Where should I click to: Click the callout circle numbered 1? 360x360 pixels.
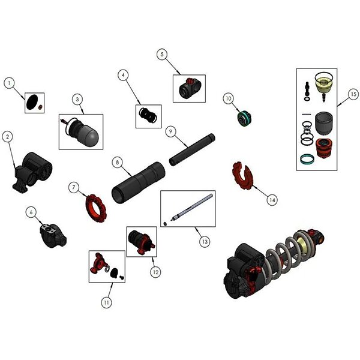pyautogui.click(x=9, y=83)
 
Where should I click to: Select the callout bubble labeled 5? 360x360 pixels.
pyautogui.click(x=162, y=55)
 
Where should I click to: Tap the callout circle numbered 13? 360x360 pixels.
pyautogui.click(x=205, y=242)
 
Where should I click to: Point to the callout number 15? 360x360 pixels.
pyautogui.click(x=353, y=94)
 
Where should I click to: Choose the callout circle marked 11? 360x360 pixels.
pyautogui.click(x=106, y=302)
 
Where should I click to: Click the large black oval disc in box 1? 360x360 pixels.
pyautogui.click(x=32, y=102)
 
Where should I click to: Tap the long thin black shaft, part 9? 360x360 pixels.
pyautogui.click(x=192, y=149)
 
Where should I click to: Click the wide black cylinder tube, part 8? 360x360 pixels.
pyautogui.click(x=138, y=183)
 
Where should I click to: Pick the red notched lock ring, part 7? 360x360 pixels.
pyautogui.click(x=96, y=208)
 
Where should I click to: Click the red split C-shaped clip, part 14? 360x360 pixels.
pyautogui.click(x=242, y=176)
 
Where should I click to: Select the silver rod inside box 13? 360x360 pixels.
pyautogui.click(x=192, y=207)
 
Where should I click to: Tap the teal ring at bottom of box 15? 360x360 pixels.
pyautogui.click(x=307, y=159)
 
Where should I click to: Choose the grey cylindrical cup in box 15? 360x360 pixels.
pyautogui.click(x=323, y=124)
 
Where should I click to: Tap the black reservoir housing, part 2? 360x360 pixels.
pyautogui.click(x=32, y=172)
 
